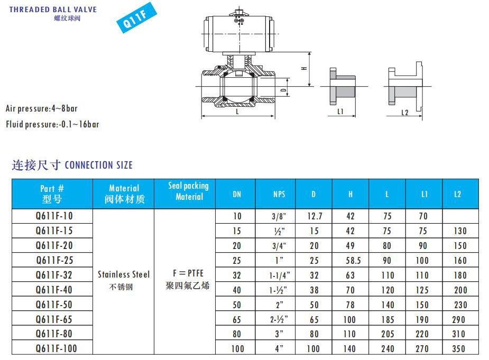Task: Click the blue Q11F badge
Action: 132,21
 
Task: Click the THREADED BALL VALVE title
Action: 53,10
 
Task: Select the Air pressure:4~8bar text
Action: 42,109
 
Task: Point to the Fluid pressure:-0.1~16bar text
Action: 52,125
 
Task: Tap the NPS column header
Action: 279,194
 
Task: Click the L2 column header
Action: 458,194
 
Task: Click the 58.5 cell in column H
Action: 350,261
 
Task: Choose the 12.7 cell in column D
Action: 314,216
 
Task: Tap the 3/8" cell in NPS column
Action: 279,216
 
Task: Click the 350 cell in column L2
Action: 458,348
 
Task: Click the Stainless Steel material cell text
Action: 124,274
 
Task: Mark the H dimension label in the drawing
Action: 303,69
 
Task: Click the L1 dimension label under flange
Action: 340,112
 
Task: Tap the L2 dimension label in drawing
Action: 405,112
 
